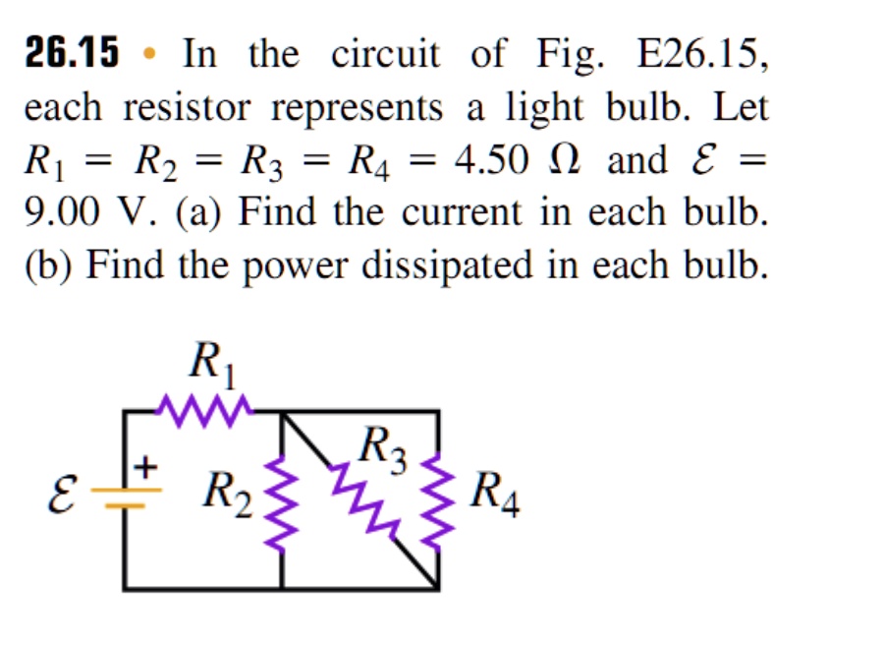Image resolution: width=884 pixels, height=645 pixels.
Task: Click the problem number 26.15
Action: coord(71,53)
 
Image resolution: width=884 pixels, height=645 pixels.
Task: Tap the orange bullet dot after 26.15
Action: coord(149,54)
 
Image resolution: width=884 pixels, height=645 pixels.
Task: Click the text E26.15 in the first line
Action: coord(700,53)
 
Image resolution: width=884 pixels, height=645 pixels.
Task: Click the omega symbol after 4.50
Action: coord(567,159)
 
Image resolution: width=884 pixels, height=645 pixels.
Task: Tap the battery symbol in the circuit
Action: coord(125,499)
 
